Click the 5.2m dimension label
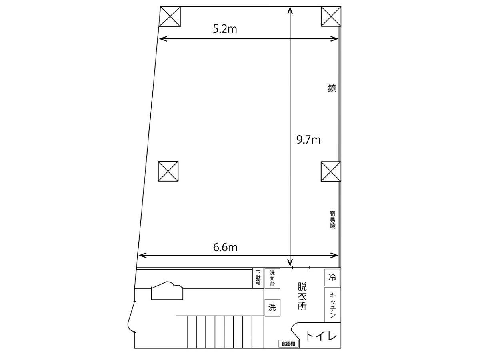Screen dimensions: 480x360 point(225,29)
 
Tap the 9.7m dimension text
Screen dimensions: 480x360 point(308,140)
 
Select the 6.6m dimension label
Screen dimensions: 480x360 point(225,247)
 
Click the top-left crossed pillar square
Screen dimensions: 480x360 point(170,17)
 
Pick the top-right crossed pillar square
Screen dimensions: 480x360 point(331,17)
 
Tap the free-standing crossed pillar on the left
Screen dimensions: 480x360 point(168,171)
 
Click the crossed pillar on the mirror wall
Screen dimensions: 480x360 point(331,172)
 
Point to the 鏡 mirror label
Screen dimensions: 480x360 point(332,88)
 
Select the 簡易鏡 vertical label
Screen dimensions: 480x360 point(332,220)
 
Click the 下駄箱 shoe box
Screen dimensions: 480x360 point(258,278)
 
